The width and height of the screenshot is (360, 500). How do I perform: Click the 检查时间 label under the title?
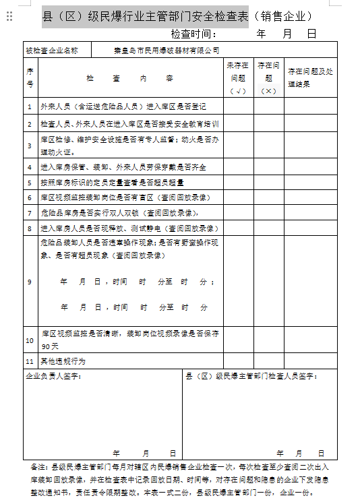pyautogui.click(x=193, y=34)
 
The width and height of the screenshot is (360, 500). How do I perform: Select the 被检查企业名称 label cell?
pyautogui.click(x=52, y=50)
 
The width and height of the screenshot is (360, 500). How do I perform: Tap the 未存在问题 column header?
pyautogui.click(x=239, y=77)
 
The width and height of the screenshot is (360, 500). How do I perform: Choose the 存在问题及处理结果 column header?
pyautogui.click(x=310, y=77)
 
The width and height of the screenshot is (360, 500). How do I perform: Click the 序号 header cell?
pyautogui.click(x=30, y=77)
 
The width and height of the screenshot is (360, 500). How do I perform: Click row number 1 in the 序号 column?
pyautogui.click(x=30, y=106)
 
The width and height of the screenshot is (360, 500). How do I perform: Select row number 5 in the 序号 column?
pyautogui.click(x=30, y=182)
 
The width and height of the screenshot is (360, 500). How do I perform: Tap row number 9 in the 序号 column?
pyautogui.click(x=30, y=282)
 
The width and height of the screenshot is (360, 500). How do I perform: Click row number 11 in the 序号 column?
pyautogui.click(x=30, y=361)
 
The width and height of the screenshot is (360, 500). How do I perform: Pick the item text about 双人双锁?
pyautogui.click(x=115, y=213)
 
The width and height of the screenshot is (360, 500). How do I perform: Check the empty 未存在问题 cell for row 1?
pyautogui.click(x=239, y=106)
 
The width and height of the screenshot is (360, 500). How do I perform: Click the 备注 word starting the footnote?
pyautogui.click(x=39, y=466)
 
